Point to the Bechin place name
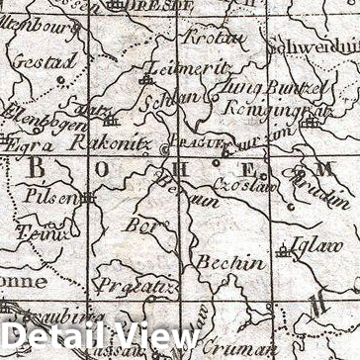229,263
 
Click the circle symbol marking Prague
165,148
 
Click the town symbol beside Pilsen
88,197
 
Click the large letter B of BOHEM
36,168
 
